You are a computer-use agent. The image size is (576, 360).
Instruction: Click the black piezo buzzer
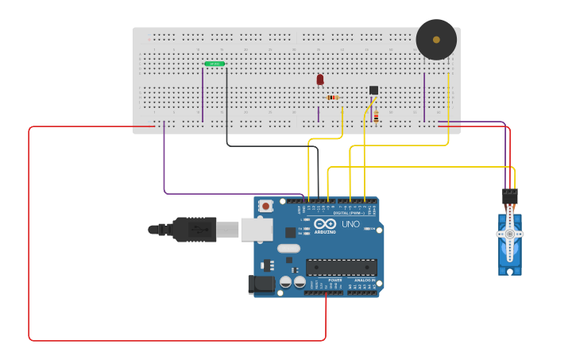[436, 39]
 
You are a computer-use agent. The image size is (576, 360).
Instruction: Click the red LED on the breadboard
[320, 79]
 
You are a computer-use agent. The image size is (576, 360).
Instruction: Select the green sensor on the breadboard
[215, 64]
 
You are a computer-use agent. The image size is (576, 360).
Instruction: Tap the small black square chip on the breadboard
[373, 90]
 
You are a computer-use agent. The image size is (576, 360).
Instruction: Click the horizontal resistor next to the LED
[332, 98]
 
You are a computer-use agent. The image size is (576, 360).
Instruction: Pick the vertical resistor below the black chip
[376, 117]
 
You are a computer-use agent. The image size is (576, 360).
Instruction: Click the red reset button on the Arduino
[266, 206]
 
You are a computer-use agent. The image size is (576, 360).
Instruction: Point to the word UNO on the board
[350, 225]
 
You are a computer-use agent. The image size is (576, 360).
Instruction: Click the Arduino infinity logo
[325, 224]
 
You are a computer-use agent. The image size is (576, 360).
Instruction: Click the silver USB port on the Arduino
[256, 230]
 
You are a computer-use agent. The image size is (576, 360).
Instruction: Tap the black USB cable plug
[195, 230]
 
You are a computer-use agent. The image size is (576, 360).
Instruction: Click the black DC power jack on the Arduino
[261, 285]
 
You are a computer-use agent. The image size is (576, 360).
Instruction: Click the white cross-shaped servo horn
[510, 234]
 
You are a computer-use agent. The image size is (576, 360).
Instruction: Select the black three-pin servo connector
[509, 195]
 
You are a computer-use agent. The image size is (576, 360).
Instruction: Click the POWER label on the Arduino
[335, 280]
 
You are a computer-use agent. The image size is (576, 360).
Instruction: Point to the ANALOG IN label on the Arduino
[364, 280]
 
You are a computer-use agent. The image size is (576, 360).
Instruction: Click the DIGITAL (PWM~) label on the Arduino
[349, 213]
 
